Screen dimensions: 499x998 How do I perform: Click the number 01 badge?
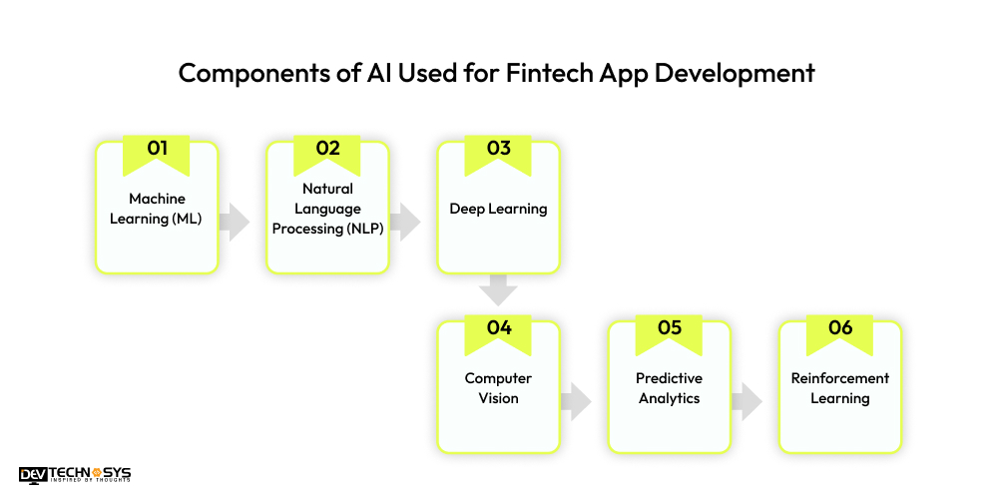[157, 150]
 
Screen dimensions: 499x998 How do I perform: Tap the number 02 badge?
[327, 150]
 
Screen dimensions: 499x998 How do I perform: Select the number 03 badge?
[498, 150]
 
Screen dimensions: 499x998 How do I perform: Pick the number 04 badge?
[498, 328]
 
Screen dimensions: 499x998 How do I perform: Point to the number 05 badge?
[669, 328]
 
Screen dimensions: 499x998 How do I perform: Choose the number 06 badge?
[839, 328]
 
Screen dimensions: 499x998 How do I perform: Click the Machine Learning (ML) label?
[157, 209]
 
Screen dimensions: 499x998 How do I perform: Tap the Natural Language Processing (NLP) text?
[327, 208]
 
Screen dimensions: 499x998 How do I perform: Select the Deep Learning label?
[498, 209]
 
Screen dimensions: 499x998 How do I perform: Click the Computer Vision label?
[498, 388]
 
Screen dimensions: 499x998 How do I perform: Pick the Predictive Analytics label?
[669, 388]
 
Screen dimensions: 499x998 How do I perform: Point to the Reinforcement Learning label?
[839, 388]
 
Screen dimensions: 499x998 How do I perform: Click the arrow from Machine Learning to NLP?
[236, 222]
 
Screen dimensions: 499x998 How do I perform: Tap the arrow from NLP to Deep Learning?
[406, 222]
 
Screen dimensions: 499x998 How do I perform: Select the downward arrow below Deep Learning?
[498, 290]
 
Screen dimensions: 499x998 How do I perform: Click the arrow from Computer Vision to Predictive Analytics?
[576, 401]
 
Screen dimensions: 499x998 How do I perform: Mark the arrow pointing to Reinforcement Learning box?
[747, 401]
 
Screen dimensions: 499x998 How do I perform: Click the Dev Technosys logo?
[75, 475]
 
